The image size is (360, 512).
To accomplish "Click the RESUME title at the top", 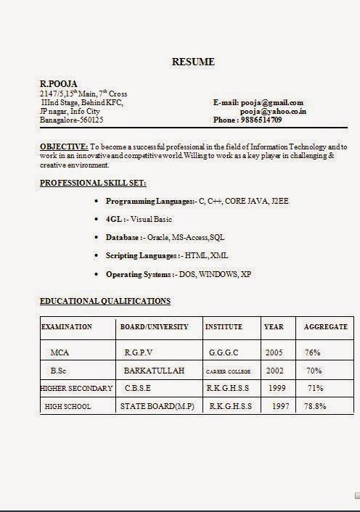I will pyautogui.click(x=193, y=62).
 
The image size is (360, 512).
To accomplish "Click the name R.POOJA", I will pyautogui.click(x=57, y=84).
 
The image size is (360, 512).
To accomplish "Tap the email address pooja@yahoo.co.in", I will pyautogui.click(x=273, y=111).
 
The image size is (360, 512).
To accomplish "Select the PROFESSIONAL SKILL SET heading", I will pyautogui.click(x=93, y=183).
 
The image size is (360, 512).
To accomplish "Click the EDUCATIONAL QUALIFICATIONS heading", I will pyautogui.click(x=105, y=300).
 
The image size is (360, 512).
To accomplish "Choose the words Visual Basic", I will pyautogui.click(x=152, y=218).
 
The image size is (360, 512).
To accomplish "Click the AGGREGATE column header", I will pyautogui.click(x=325, y=327).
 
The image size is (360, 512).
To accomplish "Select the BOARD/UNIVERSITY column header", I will pyautogui.click(x=154, y=327).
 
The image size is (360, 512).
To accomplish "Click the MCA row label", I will pyautogui.click(x=60, y=352).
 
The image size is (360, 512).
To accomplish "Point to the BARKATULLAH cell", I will pyautogui.click(x=154, y=371).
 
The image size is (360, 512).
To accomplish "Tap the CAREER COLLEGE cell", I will pyautogui.click(x=228, y=371).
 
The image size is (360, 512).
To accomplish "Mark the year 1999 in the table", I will pyautogui.click(x=277, y=388).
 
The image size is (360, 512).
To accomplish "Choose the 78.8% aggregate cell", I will pyautogui.click(x=315, y=406).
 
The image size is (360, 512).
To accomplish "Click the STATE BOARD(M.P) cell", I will pyautogui.click(x=157, y=406).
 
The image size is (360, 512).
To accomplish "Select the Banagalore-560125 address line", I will pyautogui.click(x=71, y=120).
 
